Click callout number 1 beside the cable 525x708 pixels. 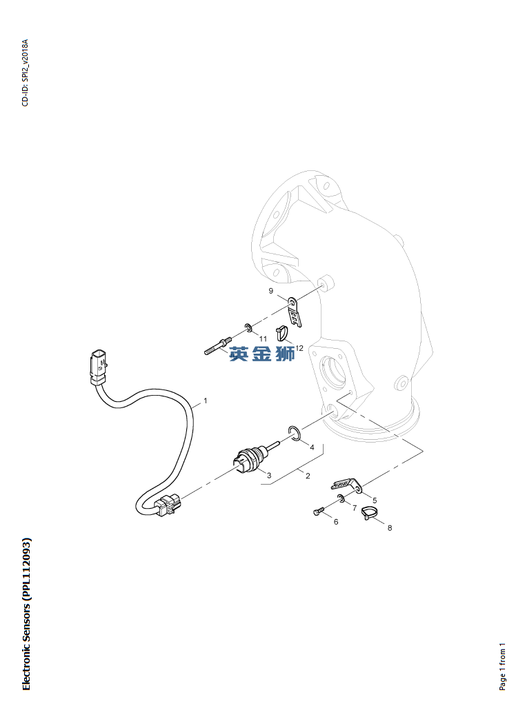[x=206, y=401]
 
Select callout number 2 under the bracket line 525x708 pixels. [x=308, y=476]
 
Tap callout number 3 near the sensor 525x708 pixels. [x=269, y=475]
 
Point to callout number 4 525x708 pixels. [x=312, y=447]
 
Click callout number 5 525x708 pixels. [x=375, y=500]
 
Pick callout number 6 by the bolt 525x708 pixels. [x=336, y=521]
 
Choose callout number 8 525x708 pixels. [x=390, y=527]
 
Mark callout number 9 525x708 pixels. [x=271, y=291]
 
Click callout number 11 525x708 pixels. [x=263, y=338]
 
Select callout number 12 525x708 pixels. [x=299, y=348]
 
